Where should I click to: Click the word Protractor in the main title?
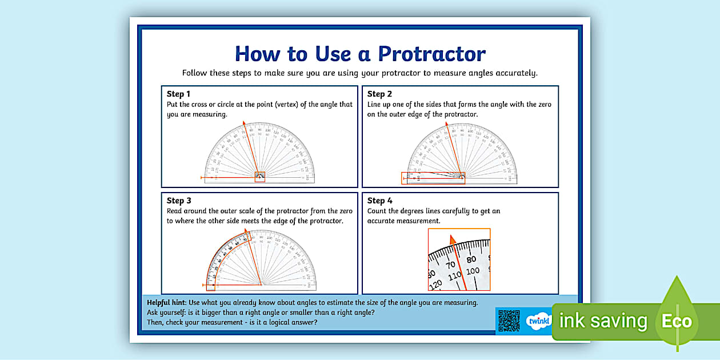pyautogui.click(x=431, y=54)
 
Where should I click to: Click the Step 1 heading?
pyautogui.click(x=178, y=94)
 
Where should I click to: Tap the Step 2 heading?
pyautogui.click(x=379, y=94)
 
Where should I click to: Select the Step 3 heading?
pyautogui.click(x=178, y=201)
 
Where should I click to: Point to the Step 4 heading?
pyautogui.click(x=379, y=201)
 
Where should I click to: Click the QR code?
pyautogui.click(x=509, y=321)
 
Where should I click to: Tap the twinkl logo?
pyautogui.click(x=538, y=321)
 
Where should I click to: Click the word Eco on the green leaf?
pyautogui.click(x=677, y=321)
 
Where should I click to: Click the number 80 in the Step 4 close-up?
pyautogui.click(x=471, y=260)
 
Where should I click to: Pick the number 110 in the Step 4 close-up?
pyautogui.click(x=454, y=277)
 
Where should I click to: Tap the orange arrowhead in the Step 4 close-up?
pyautogui.click(x=453, y=240)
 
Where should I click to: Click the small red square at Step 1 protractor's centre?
pyautogui.click(x=259, y=177)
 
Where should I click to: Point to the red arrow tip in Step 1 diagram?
pyautogui.click(x=244, y=122)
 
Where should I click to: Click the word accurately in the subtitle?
pyautogui.click(x=518, y=73)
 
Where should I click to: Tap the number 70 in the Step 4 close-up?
pyautogui.click(x=450, y=266)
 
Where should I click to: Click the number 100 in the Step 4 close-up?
pyautogui.click(x=473, y=271)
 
